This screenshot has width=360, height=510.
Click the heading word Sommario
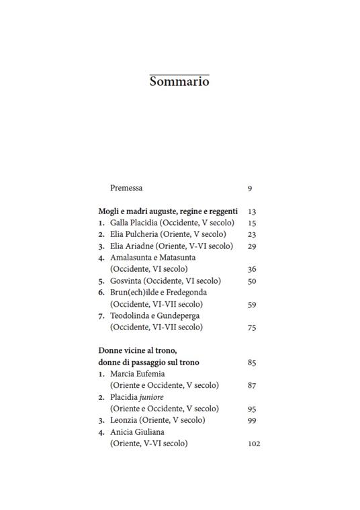(179, 82)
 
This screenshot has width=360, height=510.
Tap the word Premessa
(126, 188)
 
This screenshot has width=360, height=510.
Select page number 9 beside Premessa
(250, 189)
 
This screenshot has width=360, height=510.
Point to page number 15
(252, 223)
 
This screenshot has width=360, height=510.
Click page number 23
(252, 235)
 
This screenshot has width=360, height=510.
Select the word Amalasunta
(132, 258)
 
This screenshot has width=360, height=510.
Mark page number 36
(252, 270)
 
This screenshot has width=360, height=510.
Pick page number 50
(252, 281)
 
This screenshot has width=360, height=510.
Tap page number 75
(252, 328)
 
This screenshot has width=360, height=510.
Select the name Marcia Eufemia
(137, 374)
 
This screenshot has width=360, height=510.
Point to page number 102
(254, 444)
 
